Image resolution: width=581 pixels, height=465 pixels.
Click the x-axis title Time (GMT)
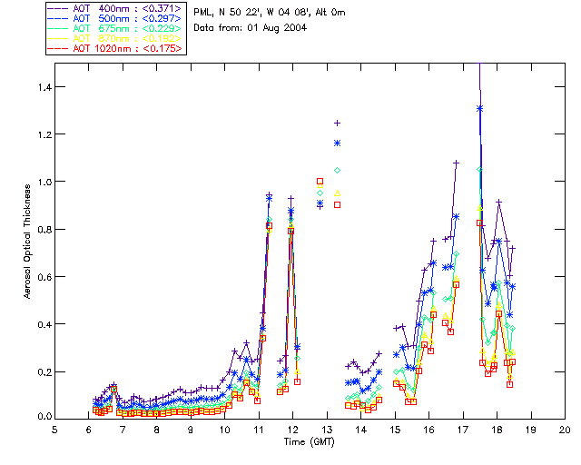point(307,441)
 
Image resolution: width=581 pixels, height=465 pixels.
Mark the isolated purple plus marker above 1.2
point(337,123)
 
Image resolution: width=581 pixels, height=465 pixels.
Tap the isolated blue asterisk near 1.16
point(337,143)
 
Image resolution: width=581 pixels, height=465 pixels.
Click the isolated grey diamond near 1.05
point(337,170)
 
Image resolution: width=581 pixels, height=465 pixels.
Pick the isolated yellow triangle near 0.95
point(337,193)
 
